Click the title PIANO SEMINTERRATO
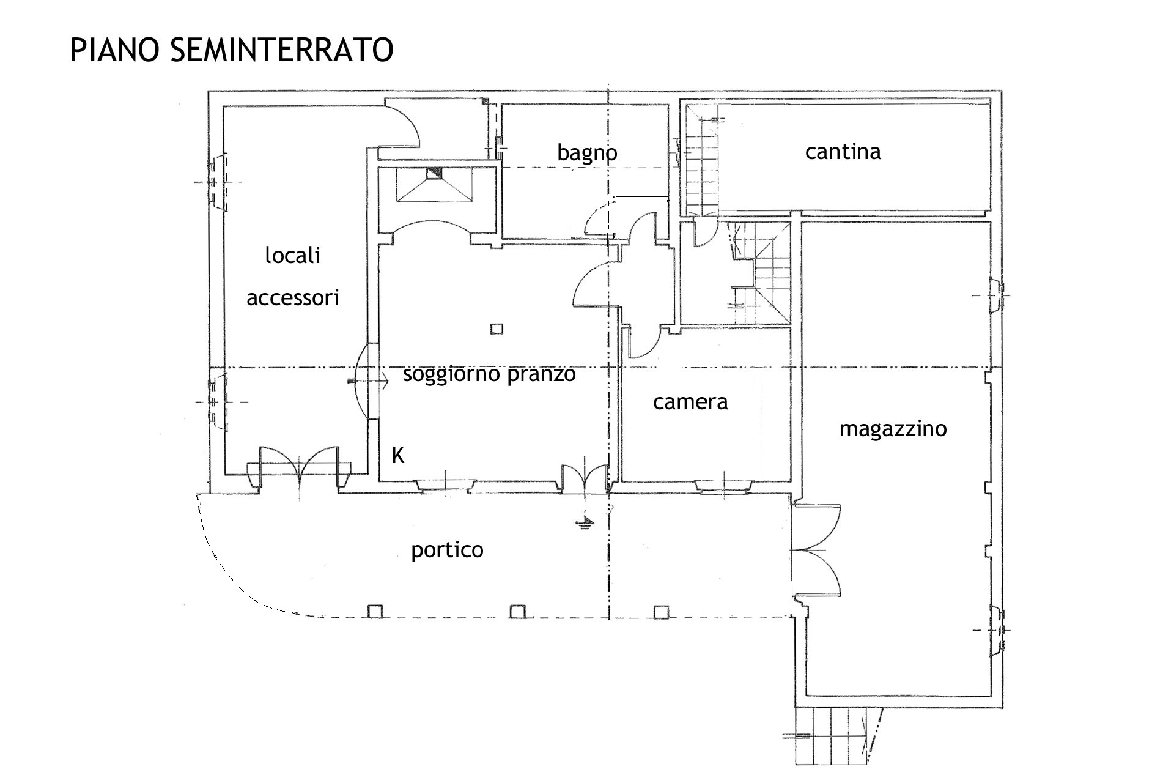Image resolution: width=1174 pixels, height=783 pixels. click(x=231, y=50)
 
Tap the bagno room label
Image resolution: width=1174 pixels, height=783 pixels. click(x=587, y=153)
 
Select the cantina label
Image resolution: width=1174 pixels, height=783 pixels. click(x=843, y=151)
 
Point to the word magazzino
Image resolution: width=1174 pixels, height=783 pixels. click(x=893, y=429)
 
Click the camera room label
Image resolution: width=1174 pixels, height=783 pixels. click(x=690, y=402)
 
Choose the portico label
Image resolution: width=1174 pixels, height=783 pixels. click(x=447, y=551)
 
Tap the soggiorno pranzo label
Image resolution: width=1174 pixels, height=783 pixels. click(x=489, y=374)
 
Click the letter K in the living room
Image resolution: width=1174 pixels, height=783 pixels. click(x=398, y=456)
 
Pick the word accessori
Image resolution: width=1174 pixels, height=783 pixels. click(x=293, y=298)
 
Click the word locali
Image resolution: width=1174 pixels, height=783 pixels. click(x=293, y=255)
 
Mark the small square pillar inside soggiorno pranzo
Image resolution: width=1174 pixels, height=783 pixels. click(x=497, y=329)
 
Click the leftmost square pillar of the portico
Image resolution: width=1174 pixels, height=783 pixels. click(x=375, y=611)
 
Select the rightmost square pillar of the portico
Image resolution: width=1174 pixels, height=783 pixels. click(x=660, y=611)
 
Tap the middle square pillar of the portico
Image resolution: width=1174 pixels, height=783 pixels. click(x=517, y=611)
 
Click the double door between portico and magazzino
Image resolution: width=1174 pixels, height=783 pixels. click(x=816, y=551)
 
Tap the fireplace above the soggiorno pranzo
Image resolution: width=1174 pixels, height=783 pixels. click(x=434, y=185)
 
